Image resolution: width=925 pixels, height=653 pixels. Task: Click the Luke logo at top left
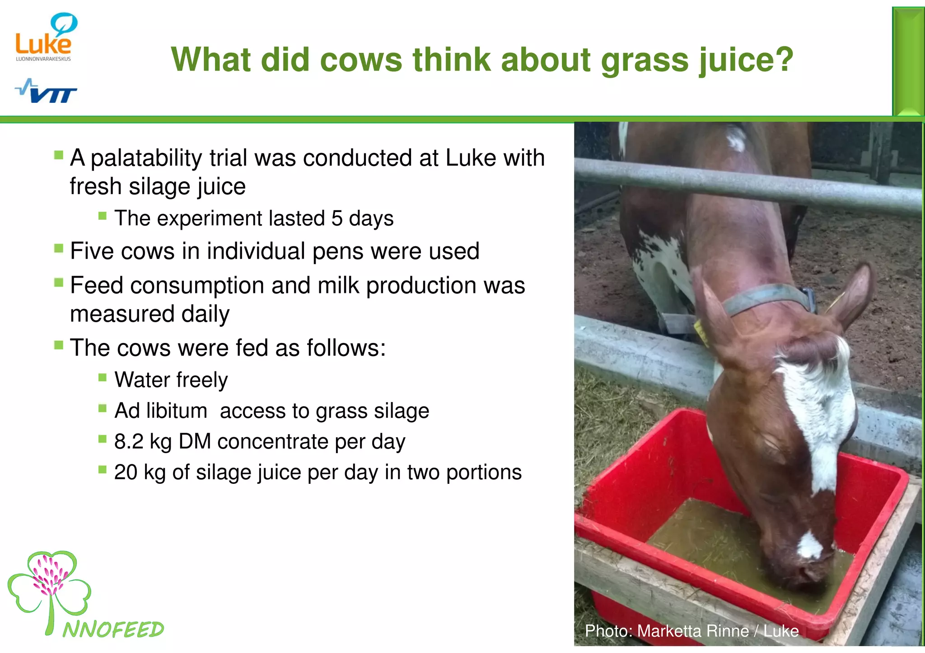coord(45,38)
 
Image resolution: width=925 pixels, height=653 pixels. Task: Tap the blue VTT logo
coord(46,91)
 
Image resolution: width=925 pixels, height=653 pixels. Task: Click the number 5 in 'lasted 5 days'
coord(337,218)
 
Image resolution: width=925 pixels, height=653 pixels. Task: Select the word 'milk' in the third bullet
coord(338,286)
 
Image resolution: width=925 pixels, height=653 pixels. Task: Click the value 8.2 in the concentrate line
coord(128,441)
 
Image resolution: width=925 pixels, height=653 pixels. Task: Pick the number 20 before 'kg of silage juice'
coord(126,472)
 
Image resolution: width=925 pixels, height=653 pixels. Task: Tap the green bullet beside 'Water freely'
coord(103,377)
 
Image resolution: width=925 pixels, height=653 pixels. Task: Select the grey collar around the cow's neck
coord(768,298)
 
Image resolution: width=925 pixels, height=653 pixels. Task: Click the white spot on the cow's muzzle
coord(809,546)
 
